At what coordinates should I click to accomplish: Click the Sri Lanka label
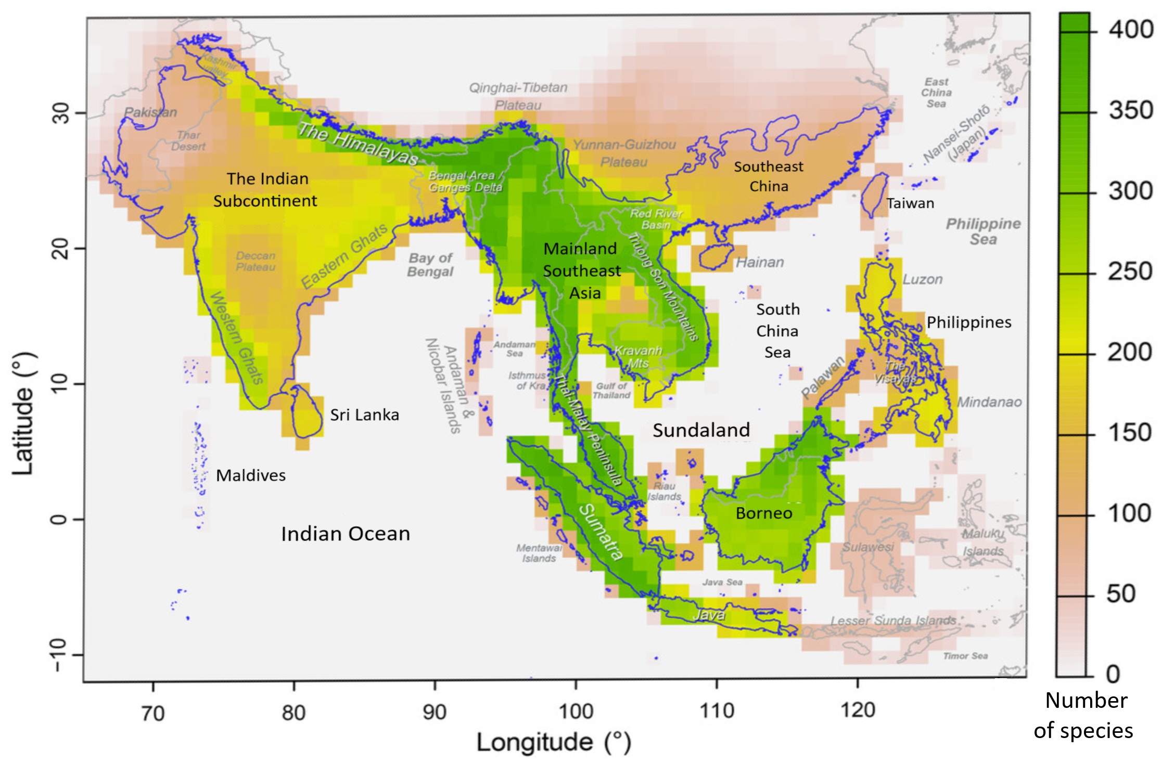pos(364,415)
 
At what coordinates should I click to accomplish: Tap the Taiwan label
pos(910,203)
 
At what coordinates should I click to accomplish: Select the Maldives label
pos(251,475)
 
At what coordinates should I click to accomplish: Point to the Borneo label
pos(764,513)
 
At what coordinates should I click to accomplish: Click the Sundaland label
pos(701,430)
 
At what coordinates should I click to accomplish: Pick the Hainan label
pos(760,262)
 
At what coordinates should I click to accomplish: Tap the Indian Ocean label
pos(346,534)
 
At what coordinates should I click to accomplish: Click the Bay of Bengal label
pos(430,265)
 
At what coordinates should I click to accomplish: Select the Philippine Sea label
pos(983,231)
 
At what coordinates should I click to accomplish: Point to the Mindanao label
pos(989,402)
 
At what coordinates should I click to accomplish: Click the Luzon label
pos(922,279)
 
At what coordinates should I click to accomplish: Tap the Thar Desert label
pos(188,141)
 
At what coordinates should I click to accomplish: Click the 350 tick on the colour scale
pos(1131,111)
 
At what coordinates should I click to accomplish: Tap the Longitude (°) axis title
pos(554,743)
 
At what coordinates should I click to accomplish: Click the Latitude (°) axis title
pos(24,413)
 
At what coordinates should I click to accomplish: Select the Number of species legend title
pos(1086,716)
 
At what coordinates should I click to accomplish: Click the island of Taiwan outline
pos(874,195)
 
